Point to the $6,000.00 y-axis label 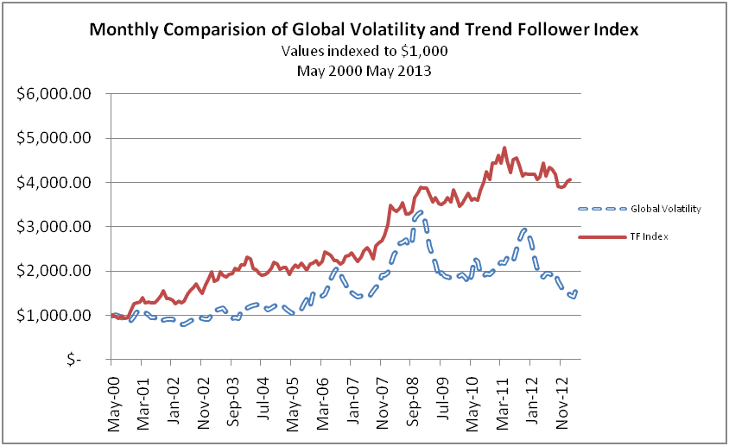(x=54, y=94)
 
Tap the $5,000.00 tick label (x=54, y=138)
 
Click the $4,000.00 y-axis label (x=54, y=183)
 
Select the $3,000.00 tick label (x=54, y=227)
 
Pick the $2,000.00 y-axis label (x=54, y=271)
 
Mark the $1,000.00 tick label (x=54, y=316)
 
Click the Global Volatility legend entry (x=664, y=208)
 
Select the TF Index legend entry (x=653, y=235)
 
